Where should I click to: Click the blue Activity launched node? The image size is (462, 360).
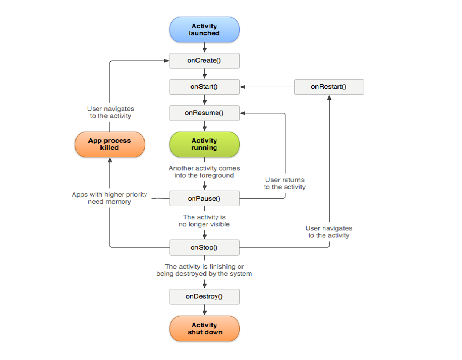(204, 29)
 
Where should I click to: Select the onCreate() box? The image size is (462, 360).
(204, 61)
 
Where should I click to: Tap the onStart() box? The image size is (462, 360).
(204, 87)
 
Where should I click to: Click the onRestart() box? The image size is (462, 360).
(329, 87)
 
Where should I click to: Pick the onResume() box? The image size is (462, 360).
(204, 113)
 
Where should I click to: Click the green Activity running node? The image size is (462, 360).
(204, 144)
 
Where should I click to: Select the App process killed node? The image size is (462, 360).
(110, 144)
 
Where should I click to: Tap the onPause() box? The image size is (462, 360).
(204, 199)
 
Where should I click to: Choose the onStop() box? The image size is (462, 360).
(204, 248)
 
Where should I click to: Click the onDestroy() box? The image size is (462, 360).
(204, 296)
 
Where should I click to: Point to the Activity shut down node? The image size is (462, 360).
(204, 328)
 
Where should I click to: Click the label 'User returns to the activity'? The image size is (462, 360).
(285, 183)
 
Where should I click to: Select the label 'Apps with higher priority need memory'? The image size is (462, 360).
(109, 198)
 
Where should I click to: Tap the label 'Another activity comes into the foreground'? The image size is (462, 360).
(204, 172)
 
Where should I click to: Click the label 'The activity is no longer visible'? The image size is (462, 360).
(204, 221)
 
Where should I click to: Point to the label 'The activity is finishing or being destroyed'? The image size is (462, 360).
(204, 270)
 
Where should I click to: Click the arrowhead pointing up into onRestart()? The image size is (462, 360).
(329, 98)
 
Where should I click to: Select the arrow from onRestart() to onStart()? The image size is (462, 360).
(267, 87)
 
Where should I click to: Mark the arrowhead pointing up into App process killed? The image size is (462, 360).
(110, 160)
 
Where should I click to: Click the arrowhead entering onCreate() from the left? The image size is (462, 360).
(166, 61)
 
